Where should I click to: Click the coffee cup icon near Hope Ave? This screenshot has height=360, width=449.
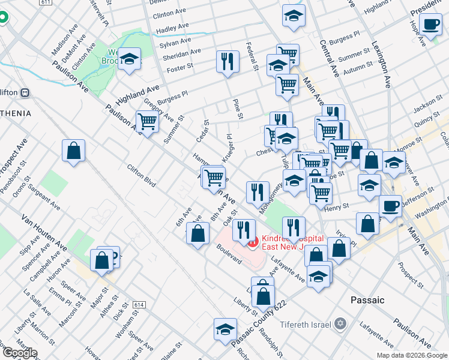coord(431,25)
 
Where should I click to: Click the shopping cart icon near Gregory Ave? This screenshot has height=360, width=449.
coord(147,122)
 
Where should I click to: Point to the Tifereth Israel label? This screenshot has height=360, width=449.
coord(304,325)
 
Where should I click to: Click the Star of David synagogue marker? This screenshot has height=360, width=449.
coord(341,324)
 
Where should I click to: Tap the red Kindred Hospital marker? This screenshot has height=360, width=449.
coord(253,242)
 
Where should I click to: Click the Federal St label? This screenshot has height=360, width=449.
coord(252,56)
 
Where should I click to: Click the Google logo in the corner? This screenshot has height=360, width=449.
coord(19,353)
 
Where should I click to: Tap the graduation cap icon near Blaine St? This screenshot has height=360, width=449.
coord(225,329)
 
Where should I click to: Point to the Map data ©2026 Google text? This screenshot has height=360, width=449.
coord(412,355)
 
